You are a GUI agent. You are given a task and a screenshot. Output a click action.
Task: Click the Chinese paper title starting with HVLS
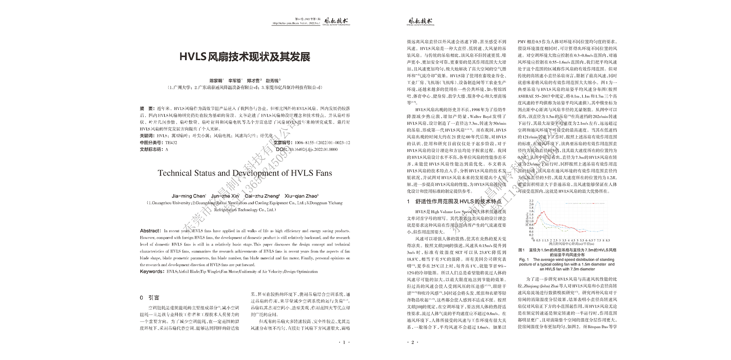[245, 57]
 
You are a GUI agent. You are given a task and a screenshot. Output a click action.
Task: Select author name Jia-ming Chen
[188, 196]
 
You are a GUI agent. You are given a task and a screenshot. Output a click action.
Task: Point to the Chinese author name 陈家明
[216, 81]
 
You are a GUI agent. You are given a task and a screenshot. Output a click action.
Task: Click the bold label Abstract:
[150, 231]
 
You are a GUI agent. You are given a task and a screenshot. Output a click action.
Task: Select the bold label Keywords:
[152, 272]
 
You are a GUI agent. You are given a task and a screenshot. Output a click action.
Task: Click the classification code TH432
[171, 143]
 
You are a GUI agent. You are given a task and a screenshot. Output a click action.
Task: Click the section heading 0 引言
[150, 298]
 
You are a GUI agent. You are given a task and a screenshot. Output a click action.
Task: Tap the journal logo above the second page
[420, 22]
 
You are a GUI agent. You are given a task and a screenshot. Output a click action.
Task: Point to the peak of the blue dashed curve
[538, 202]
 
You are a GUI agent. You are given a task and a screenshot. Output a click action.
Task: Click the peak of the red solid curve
[543, 211]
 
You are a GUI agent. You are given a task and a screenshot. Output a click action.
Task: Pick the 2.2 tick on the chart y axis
[531, 201]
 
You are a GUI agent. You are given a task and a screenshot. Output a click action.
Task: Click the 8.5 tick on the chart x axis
[607, 240]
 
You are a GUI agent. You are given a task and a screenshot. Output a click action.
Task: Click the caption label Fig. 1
[525, 259]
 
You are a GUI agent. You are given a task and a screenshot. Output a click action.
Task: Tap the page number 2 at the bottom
[413, 342]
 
